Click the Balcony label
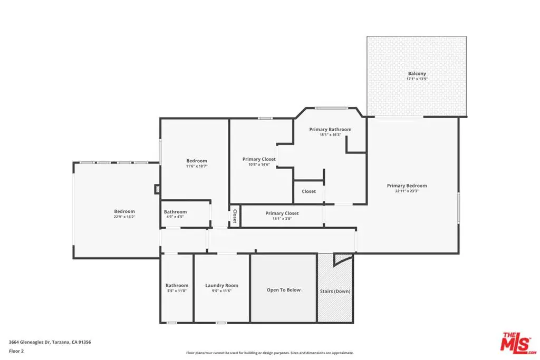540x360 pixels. tap(417, 73)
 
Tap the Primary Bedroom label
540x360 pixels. tap(407, 186)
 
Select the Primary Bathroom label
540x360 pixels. tap(330, 130)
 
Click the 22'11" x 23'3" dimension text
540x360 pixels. tap(407, 191)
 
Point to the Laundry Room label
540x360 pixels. tap(221, 285)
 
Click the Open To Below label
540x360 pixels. tap(283, 290)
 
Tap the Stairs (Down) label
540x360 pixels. tap(335, 291)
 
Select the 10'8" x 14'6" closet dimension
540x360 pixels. tap(259, 164)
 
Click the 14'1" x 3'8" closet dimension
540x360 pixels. tap(282, 219)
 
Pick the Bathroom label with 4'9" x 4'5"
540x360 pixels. tap(175, 212)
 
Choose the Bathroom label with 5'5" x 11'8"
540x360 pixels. tap(177, 285)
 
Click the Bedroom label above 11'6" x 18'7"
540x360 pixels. tap(197, 161)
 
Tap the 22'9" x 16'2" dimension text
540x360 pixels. tap(124, 217)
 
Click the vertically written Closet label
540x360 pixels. tap(235, 216)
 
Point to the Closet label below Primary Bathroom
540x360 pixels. tap(308, 191)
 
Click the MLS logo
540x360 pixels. tap(518, 343)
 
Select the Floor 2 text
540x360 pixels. tap(16, 351)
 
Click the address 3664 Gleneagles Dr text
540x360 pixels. tap(30, 342)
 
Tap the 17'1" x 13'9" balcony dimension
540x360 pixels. tap(417, 79)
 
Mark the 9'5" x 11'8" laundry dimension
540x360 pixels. tap(221, 291)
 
